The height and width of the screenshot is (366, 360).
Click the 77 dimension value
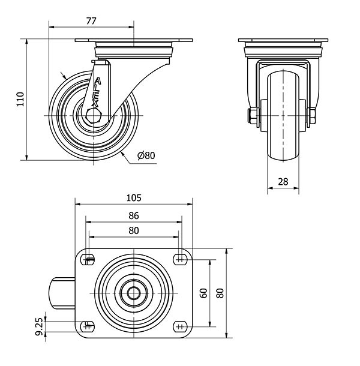coord(91,20)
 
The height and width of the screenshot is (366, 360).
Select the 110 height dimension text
coord(20,100)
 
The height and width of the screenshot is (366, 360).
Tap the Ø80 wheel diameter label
coord(146,155)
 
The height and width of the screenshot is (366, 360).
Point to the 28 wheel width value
coord(283,181)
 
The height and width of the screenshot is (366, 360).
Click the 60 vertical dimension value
coord(204,293)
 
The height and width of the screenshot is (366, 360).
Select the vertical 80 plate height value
coord(220,293)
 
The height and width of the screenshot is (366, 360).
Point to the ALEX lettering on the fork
coord(96,91)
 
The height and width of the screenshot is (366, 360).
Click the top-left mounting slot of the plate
coord(89,260)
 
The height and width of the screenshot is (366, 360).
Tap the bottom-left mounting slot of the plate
coord(89,326)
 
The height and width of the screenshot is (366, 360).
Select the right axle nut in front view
coord(312,115)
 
